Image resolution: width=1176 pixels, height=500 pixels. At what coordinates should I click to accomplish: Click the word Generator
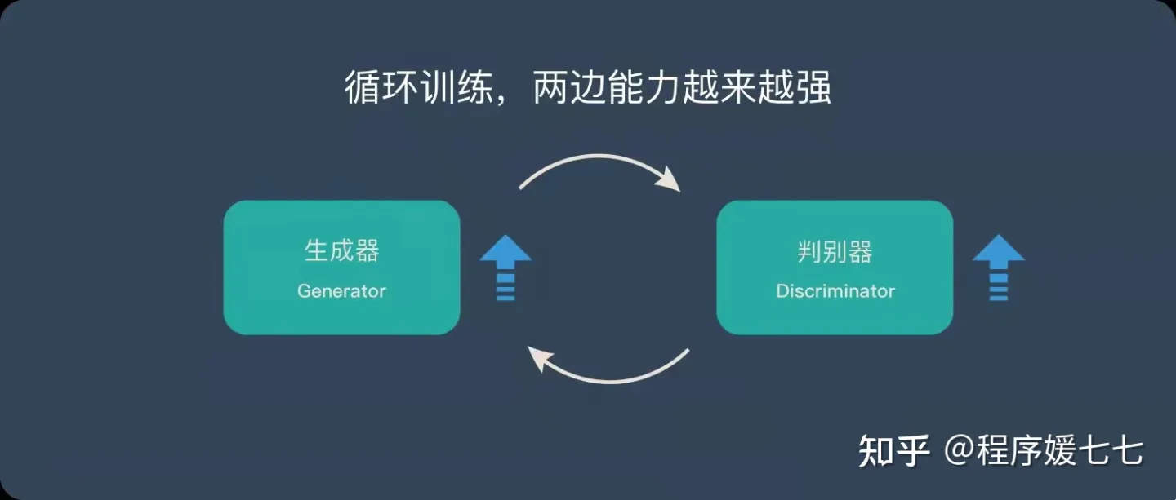tap(341, 291)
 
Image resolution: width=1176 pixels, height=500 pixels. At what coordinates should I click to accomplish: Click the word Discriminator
tap(835, 291)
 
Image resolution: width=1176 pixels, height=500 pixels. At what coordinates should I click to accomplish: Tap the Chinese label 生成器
tap(341, 251)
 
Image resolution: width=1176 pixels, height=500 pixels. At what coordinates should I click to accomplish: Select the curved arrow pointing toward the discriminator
tap(600, 163)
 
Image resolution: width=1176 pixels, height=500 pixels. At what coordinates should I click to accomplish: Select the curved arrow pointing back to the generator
tap(608, 373)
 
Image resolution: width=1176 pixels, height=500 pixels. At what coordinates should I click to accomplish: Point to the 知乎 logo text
tap(894, 451)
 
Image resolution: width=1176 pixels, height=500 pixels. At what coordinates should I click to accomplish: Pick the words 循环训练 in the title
tap(417, 88)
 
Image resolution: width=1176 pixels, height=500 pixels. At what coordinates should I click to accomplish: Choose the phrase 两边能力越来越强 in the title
tap(681, 88)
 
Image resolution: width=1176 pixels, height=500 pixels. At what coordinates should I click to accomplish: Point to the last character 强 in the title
tap(813, 88)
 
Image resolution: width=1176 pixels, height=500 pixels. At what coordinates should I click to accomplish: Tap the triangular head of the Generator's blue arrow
tap(506, 250)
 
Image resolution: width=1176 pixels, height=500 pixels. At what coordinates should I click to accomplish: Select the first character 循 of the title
tap(362, 88)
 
